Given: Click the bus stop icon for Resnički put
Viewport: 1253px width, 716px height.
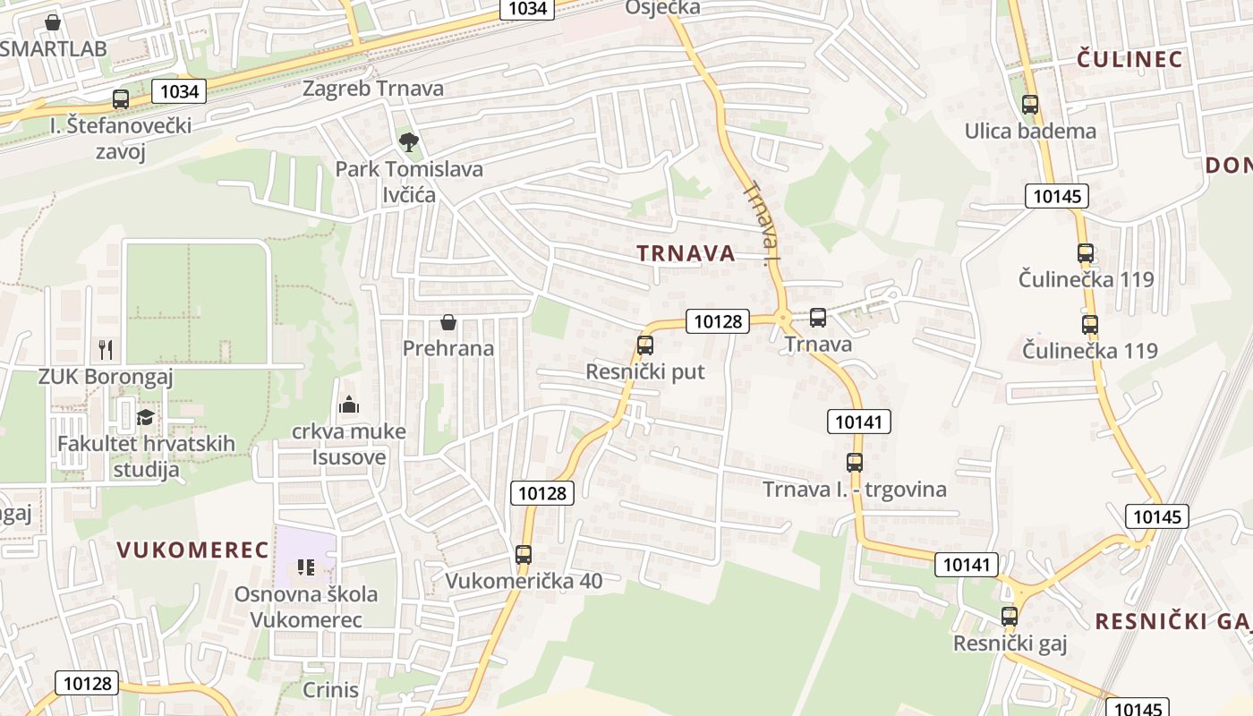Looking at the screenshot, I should tap(644, 345).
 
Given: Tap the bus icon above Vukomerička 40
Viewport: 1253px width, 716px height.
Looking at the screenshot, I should tap(524, 554).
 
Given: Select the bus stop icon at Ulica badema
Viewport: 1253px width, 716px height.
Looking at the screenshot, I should tap(1030, 105).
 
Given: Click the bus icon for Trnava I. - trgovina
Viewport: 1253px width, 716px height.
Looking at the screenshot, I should tap(855, 463).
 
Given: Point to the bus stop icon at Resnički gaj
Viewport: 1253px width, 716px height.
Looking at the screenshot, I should tap(1010, 616).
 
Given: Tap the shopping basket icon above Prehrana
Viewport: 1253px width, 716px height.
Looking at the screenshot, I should tap(448, 321).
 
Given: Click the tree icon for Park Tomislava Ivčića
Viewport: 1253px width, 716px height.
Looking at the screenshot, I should tap(408, 141).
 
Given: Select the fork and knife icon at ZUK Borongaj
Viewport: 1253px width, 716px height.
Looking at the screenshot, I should tap(106, 349).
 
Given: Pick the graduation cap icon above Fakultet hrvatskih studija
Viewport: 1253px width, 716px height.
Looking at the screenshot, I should tap(145, 416).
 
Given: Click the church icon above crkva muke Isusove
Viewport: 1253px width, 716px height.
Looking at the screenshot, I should tap(349, 405).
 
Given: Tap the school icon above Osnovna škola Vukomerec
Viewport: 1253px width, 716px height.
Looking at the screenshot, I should tap(306, 567).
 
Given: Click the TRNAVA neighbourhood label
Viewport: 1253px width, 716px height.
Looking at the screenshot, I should tap(686, 253).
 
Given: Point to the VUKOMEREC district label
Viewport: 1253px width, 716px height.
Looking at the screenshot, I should tap(193, 550).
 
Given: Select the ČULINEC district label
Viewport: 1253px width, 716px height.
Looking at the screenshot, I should tap(1129, 60).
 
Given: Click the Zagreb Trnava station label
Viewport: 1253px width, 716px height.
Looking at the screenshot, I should tap(373, 89).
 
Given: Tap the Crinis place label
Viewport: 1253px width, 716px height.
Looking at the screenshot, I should tap(331, 690).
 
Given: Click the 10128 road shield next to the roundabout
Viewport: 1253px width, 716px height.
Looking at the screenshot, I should tap(718, 321).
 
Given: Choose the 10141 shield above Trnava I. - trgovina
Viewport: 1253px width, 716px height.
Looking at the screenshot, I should tap(860, 422).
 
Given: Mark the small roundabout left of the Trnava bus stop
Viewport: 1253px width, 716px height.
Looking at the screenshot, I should tap(782, 317).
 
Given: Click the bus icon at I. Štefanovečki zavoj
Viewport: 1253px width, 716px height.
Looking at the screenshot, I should tap(121, 98).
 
